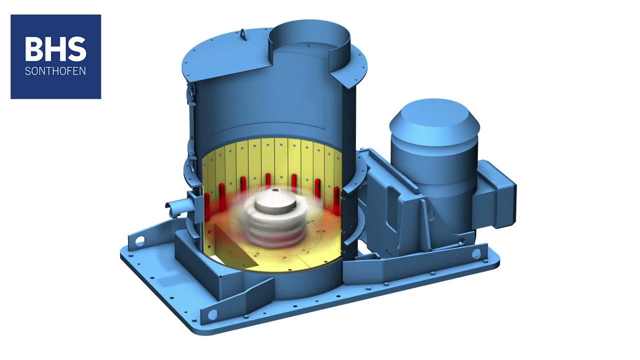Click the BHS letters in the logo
(x=55, y=49)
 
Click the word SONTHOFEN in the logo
(x=55, y=71)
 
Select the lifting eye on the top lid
(x=243, y=34)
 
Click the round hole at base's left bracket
(x=139, y=241)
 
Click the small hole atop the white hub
(x=275, y=190)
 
